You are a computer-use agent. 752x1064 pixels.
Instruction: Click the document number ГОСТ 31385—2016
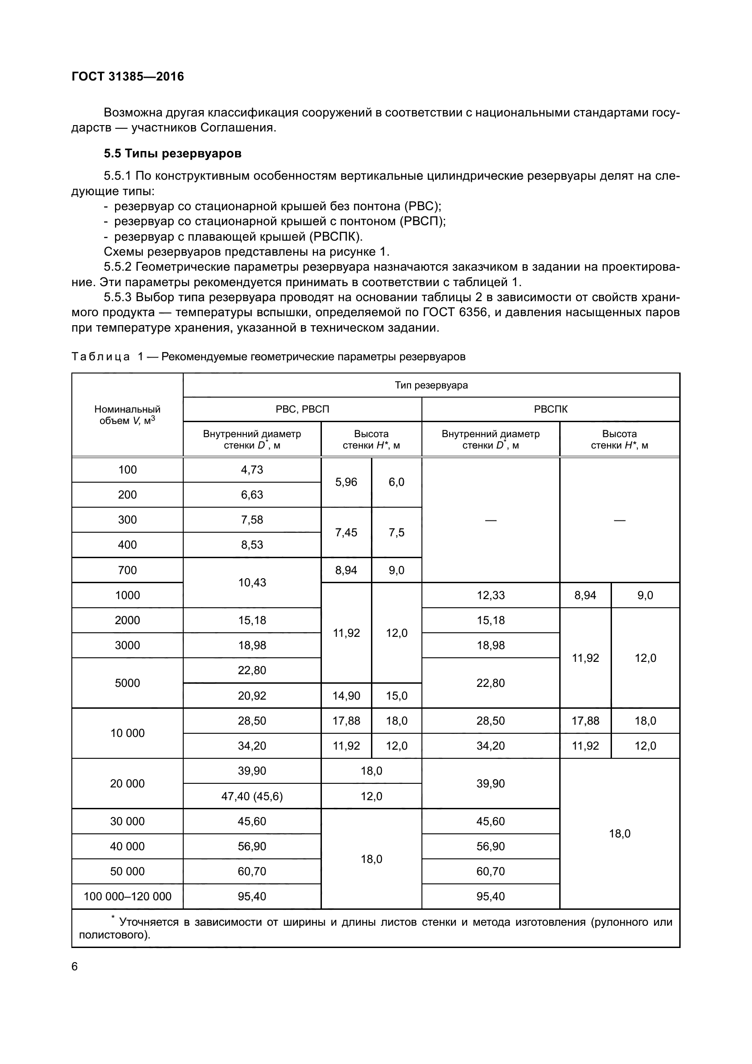(128, 76)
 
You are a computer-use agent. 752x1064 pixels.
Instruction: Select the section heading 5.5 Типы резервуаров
(172, 153)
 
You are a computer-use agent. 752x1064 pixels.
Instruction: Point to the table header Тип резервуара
(431, 385)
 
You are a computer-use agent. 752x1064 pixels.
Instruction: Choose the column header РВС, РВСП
(302, 409)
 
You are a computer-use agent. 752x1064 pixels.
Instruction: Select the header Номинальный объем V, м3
(127, 415)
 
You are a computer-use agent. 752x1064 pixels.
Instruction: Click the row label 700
(127, 570)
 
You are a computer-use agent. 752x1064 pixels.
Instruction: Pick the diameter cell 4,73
(252, 470)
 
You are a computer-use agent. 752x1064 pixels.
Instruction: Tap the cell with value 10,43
(252, 583)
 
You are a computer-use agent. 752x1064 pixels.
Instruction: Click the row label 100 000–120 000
(127, 896)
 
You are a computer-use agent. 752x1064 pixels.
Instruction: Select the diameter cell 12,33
(491, 595)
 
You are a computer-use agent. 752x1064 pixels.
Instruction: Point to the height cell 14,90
(346, 696)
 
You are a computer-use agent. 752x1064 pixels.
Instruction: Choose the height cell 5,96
(346, 482)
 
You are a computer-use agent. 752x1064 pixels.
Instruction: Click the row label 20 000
(127, 784)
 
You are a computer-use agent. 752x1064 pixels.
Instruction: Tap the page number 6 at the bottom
(75, 967)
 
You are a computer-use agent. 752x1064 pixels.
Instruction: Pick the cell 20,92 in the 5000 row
(252, 696)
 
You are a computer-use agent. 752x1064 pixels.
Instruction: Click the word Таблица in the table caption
(100, 357)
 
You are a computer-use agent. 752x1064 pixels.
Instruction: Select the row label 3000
(127, 645)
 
